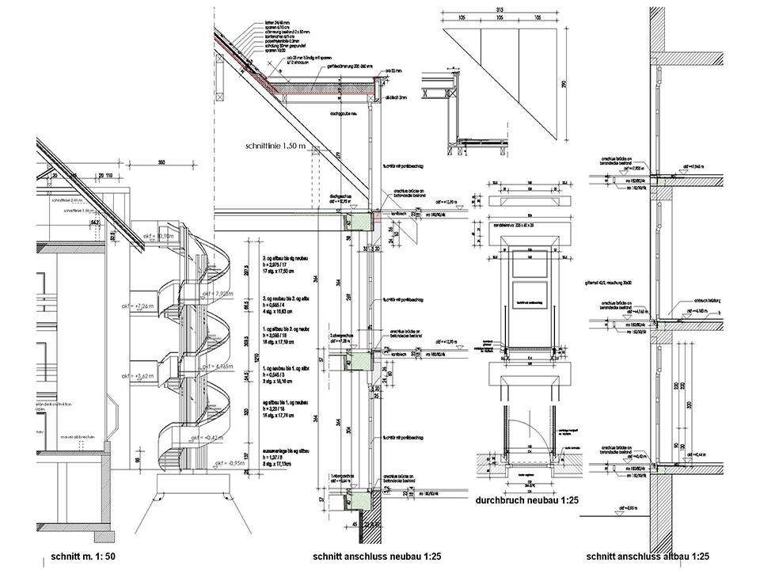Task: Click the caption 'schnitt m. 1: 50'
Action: pyautogui.click(x=83, y=557)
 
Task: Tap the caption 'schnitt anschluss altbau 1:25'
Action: pyautogui.click(x=637, y=557)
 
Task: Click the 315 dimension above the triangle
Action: pyautogui.click(x=500, y=9)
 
